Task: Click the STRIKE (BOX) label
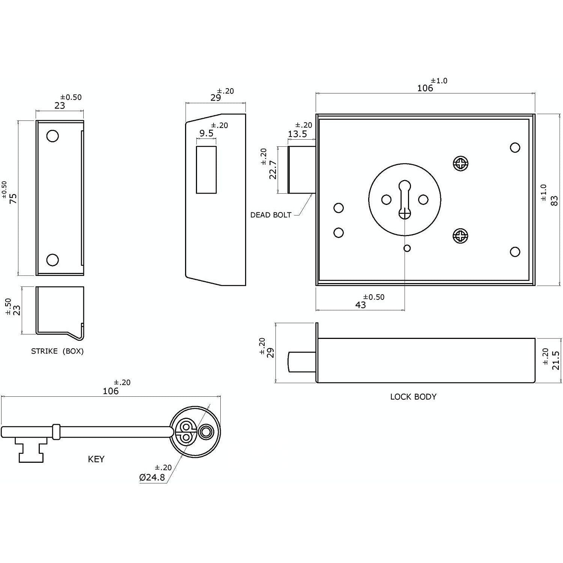point(57,351)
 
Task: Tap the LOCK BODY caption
point(413,397)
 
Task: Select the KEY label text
point(96,459)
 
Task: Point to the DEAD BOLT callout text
point(271,215)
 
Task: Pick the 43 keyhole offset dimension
point(360,305)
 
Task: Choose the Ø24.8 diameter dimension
point(152,477)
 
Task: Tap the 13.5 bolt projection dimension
point(297,134)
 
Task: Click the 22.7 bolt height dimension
point(273,170)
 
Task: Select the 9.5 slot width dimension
point(206,133)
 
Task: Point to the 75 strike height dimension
point(13,198)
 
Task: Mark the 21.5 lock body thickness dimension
point(556,360)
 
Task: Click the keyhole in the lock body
point(405,199)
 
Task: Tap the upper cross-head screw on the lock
point(461,163)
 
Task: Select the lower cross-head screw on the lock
point(461,236)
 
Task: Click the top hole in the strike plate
point(53,136)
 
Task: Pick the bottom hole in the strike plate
point(53,260)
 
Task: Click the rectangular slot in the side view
point(206,170)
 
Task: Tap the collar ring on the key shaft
point(56,432)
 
